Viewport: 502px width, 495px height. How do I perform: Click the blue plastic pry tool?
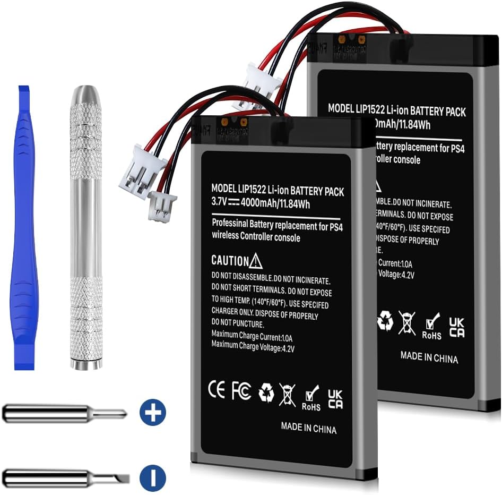[24, 228]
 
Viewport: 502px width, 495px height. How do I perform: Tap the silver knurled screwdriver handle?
[86, 228]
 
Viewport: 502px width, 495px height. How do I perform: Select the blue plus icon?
[153, 412]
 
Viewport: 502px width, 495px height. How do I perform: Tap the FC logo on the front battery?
[241, 391]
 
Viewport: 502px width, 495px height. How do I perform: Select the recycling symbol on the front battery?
[266, 393]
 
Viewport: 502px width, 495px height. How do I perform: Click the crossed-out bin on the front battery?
[287, 395]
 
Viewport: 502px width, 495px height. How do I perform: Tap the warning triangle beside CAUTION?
[256, 260]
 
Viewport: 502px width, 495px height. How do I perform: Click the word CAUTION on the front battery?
[229, 261]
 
